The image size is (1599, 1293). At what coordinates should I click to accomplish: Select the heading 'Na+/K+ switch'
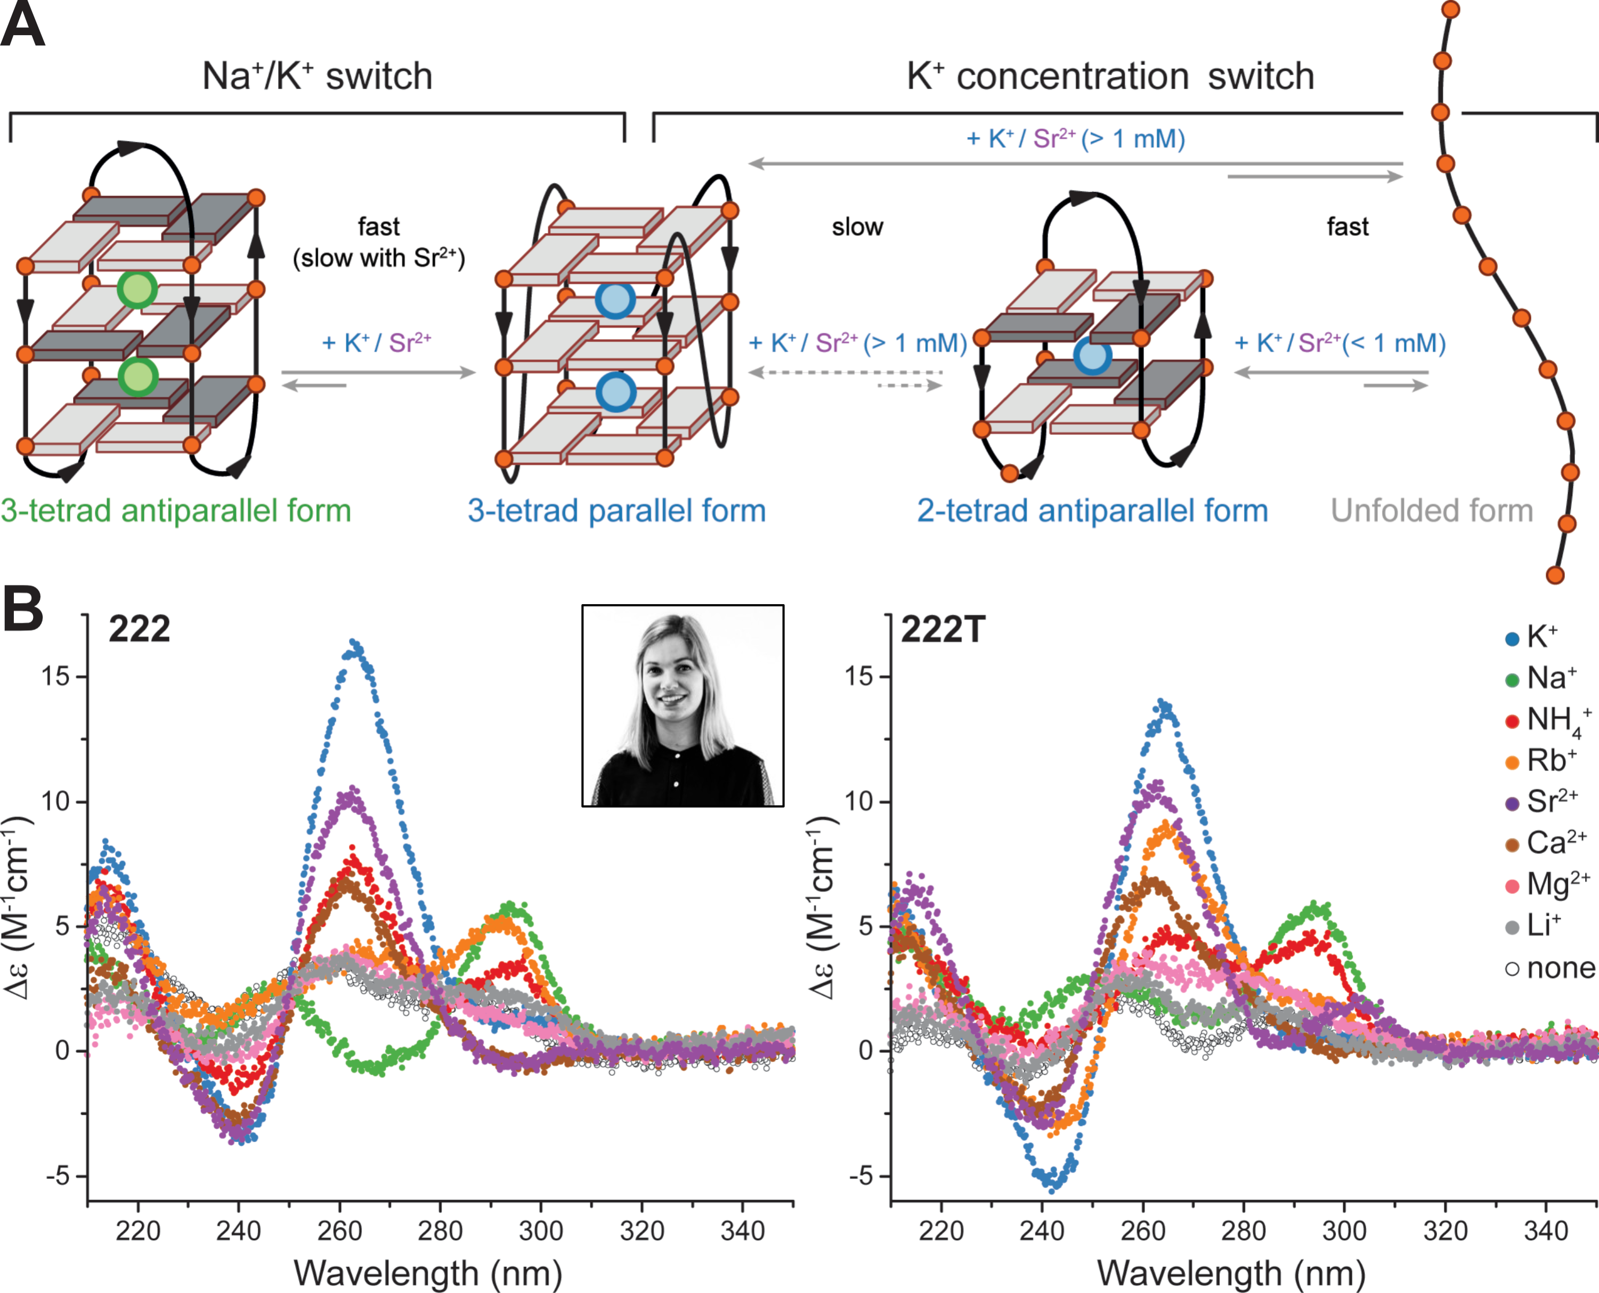point(317,76)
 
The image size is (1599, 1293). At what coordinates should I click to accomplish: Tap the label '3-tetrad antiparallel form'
point(176,511)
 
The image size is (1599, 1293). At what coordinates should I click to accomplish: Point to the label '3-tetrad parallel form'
point(616,511)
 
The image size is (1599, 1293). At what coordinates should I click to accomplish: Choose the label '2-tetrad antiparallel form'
point(1092,511)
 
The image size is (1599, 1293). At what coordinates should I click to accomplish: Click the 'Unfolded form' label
point(1432,511)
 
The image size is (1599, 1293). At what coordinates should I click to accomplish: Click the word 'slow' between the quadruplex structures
point(857,227)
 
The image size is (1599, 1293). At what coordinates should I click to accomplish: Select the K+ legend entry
point(1541,637)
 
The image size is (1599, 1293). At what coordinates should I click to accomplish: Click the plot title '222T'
point(943,630)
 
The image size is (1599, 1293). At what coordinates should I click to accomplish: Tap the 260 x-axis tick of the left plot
point(339,1231)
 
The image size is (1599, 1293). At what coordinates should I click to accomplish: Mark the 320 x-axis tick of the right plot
point(1445,1231)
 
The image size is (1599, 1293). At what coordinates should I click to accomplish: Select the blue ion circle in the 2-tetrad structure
point(1092,356)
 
